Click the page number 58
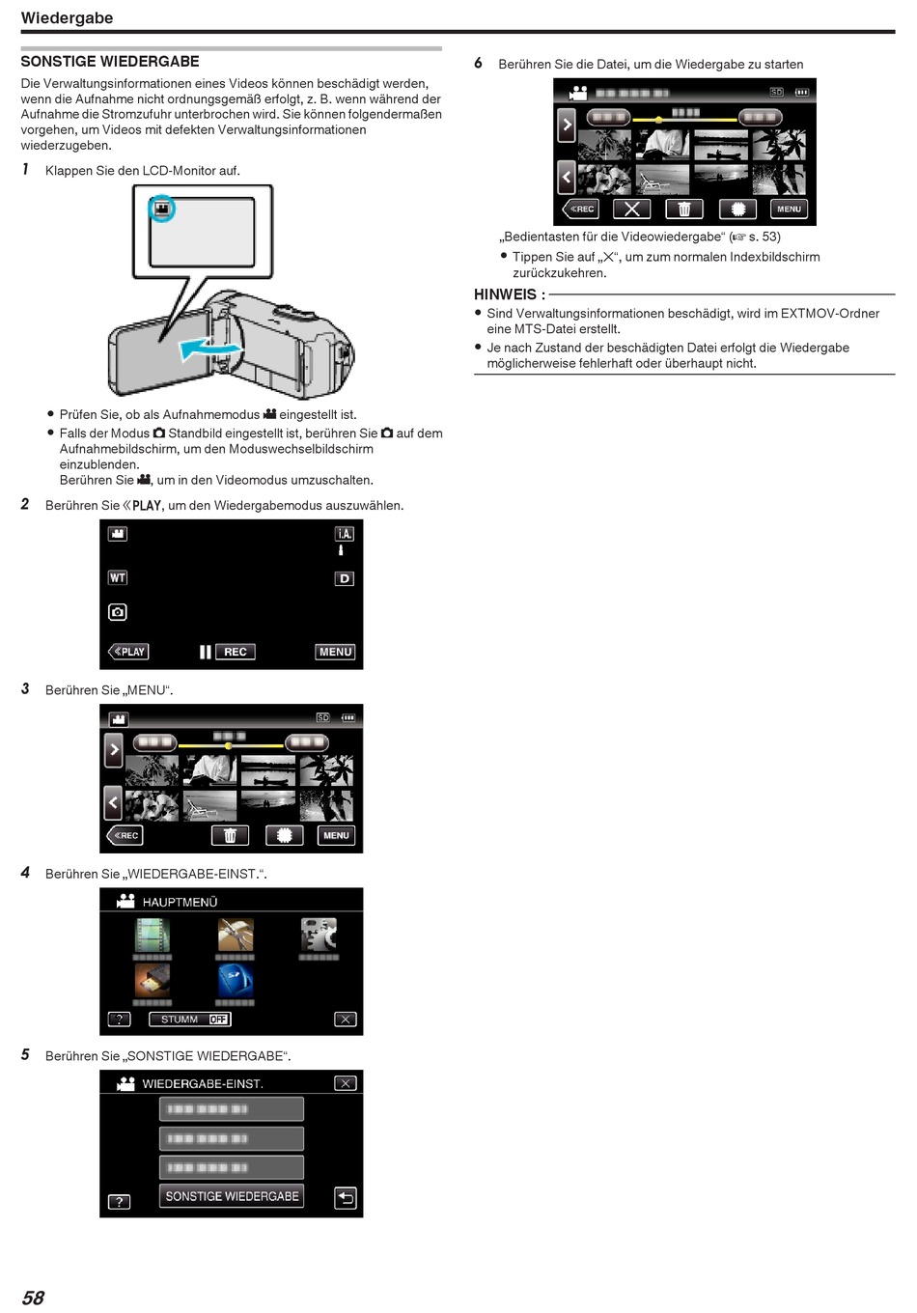[x=33, y=1298]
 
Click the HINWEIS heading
[x=509, y=294]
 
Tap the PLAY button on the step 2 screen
[x=128, y=652]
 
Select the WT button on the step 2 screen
[x=118, y=577]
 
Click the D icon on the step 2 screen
[x=345, y=579]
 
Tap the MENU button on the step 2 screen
[x=335, y=652]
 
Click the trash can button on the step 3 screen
[x=230, y=835]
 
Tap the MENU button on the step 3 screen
[x=336, y=835]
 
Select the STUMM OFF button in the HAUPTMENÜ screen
[x=189, y=1020]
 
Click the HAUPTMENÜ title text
[x=180, y=902]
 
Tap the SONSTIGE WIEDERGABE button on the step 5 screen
[x=232, y=1196]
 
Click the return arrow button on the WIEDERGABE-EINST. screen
[x=346, y=1198]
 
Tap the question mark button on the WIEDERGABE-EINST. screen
[x=119, y=1202]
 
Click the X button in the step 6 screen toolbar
[x=631, y=209]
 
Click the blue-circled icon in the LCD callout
[x=162, y=209]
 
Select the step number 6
[x=478, y=64]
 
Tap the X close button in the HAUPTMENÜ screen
[x=345, y=1020]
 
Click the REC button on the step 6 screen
[x=581, y=209]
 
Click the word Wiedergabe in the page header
[x=67, y=17]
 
